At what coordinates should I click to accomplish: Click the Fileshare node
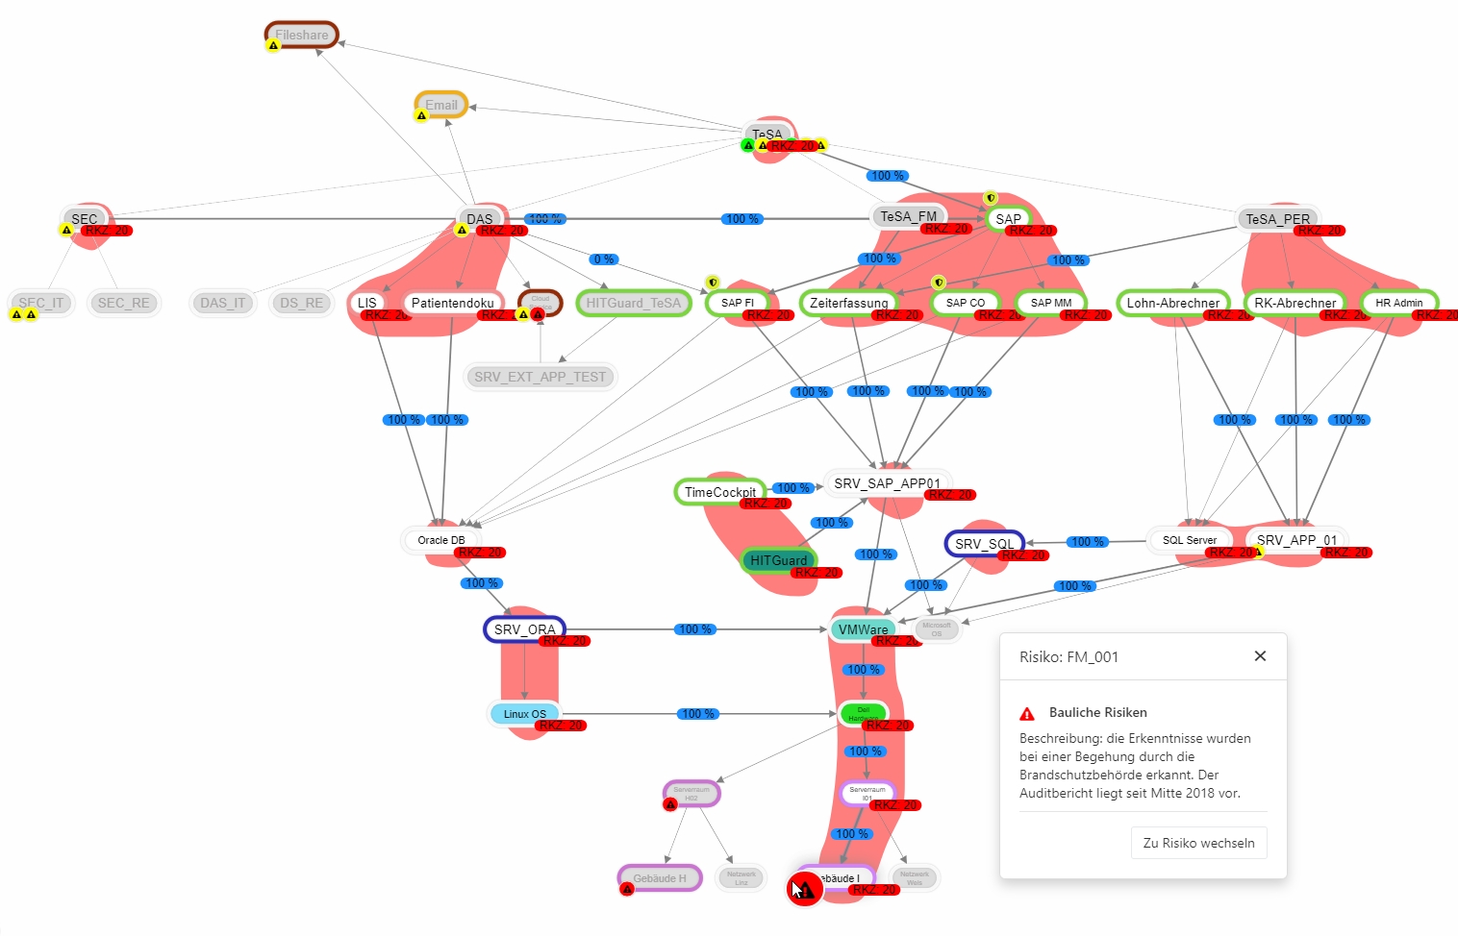click(302, 35)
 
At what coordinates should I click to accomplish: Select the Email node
click(441, 105)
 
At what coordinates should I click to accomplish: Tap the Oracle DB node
click(440, 540)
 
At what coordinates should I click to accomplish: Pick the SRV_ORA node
click(524, 629)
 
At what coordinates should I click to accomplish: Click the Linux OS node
click(524, 714)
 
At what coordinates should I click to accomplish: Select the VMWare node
click(863, 629)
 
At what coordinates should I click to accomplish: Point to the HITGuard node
click(778, 560)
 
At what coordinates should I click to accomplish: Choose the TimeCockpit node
click(719, 492)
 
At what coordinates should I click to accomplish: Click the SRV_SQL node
click(984, 544)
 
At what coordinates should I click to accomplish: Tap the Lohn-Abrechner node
click(1172, 303)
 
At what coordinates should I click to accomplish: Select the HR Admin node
click(1398, 303)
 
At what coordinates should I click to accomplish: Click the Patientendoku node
click(452, 303)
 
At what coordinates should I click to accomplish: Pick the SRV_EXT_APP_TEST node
click(540, 377)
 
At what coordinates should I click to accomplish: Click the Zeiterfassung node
click(848, 303)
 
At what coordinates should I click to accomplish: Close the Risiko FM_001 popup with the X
click(1260, 656)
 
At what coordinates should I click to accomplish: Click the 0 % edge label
click(604, 259)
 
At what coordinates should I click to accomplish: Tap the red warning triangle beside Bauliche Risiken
click(1027, 713)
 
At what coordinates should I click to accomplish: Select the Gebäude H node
click(660, 878)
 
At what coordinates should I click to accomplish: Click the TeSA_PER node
click(1277, 219)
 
